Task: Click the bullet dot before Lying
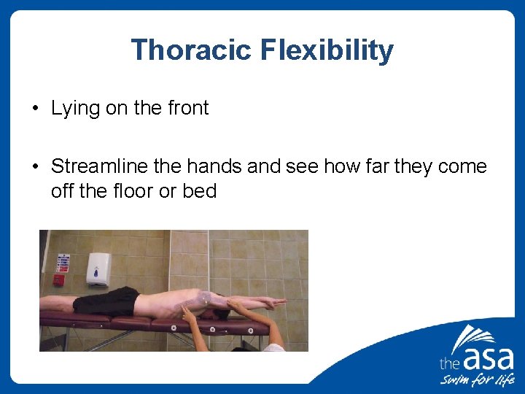[x=35, y=109]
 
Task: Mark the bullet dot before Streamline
[x=35, y=167]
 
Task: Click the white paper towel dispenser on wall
[x=98, y=269]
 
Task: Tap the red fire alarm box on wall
[x=59, y=279]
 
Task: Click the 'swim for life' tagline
[x=477, y=380]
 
